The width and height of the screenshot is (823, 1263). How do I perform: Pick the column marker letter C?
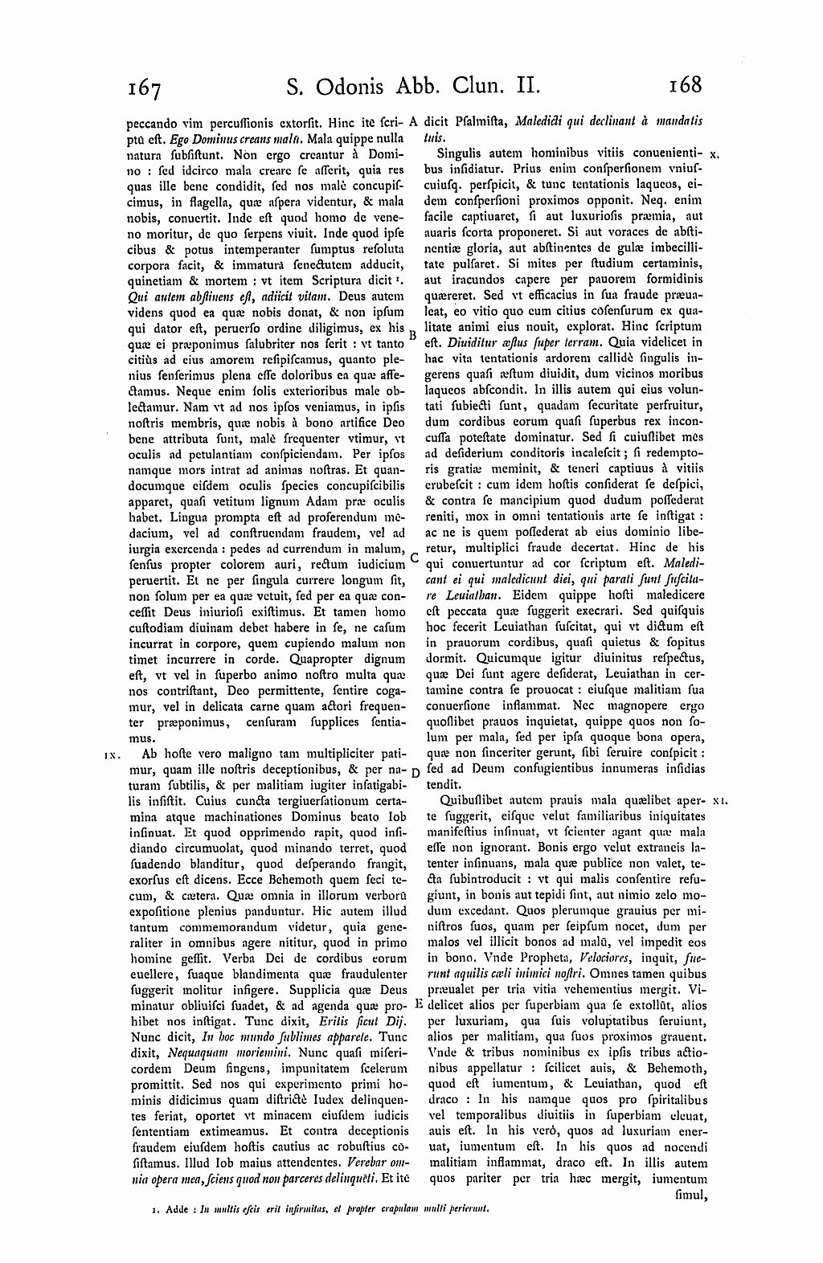[x=413, y=556]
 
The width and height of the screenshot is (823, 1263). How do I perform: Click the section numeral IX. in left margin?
[x=112, y=755]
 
